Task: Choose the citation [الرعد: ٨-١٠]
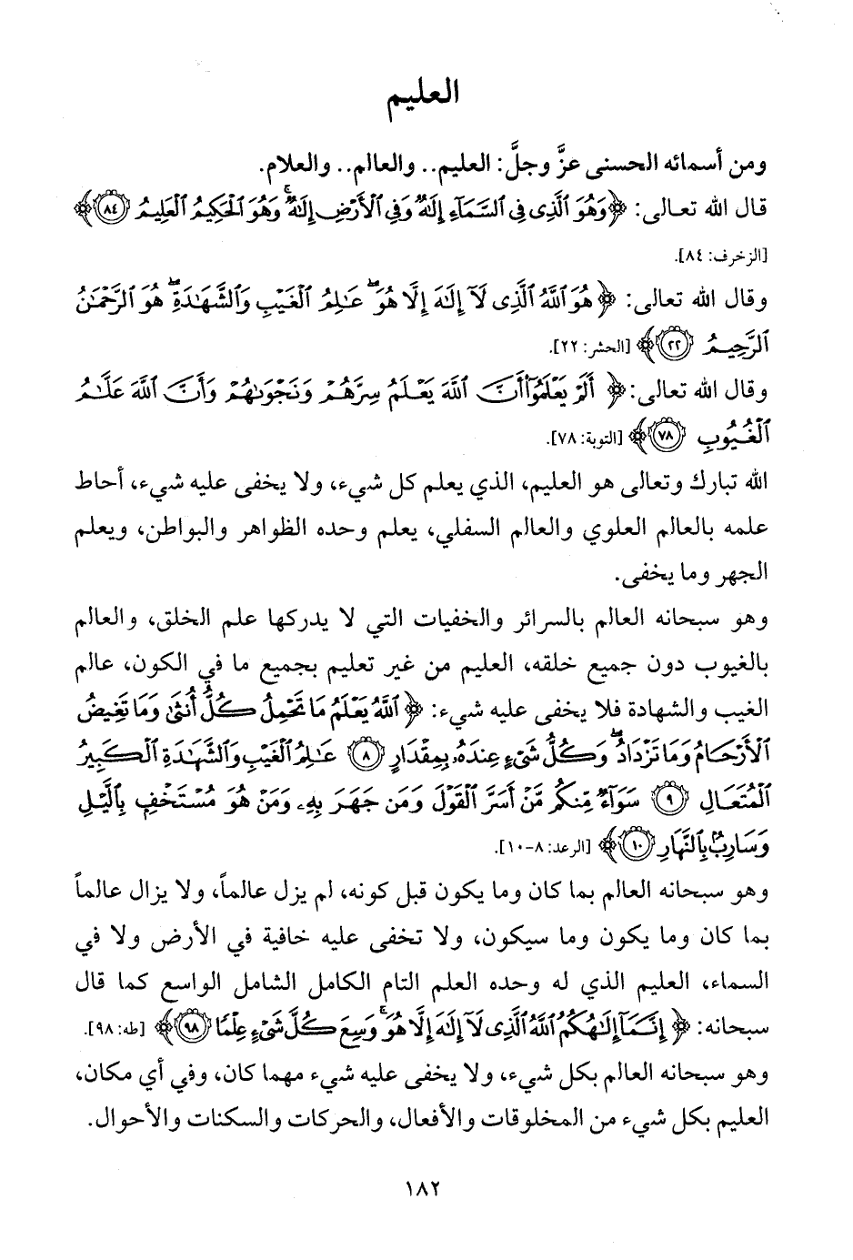[x=546, y=848]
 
